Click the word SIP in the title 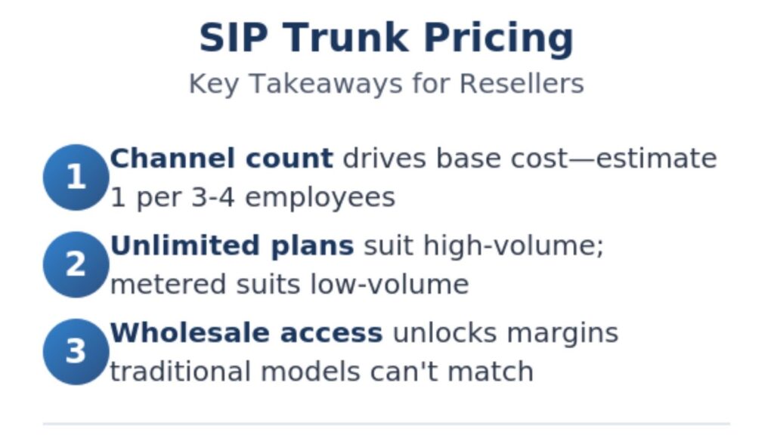(x=234, y=38)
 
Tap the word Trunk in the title (x=345, y=38)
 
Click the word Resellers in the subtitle (x=522, y=83)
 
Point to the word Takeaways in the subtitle (x=326, y=84)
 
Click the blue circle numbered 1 (x=76, y=177)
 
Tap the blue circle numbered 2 (x=76, y=264)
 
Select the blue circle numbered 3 (x=76, y=352)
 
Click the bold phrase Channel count (x=221, y=159)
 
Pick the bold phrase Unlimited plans (x=232, y=245)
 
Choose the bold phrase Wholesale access (x=246, y=333)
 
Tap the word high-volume (x=514, y=245)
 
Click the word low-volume (x=389, y=285)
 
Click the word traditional (x=180, y=372)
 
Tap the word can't (x=404, y=372)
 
